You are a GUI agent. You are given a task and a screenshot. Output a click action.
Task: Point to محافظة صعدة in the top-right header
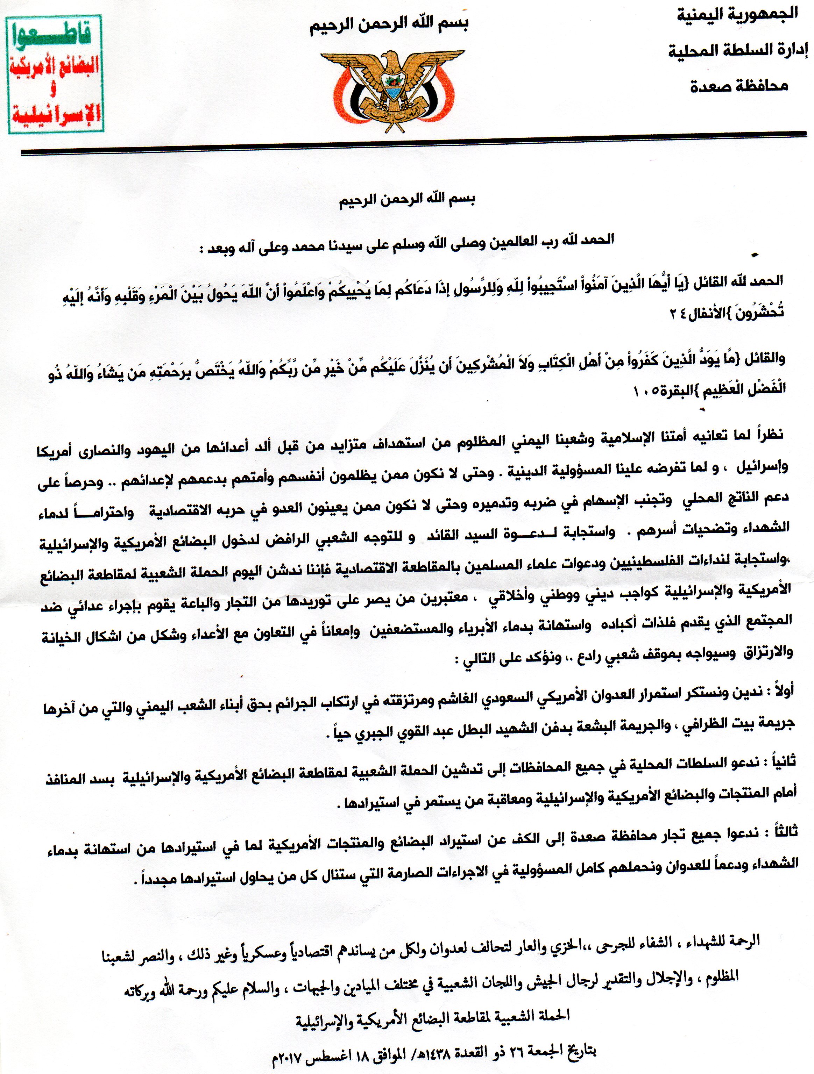pos(739,86)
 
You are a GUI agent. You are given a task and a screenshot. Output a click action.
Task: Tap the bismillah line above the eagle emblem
pos(394,23)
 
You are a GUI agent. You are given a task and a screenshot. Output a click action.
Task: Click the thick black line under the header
pos(408,151)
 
